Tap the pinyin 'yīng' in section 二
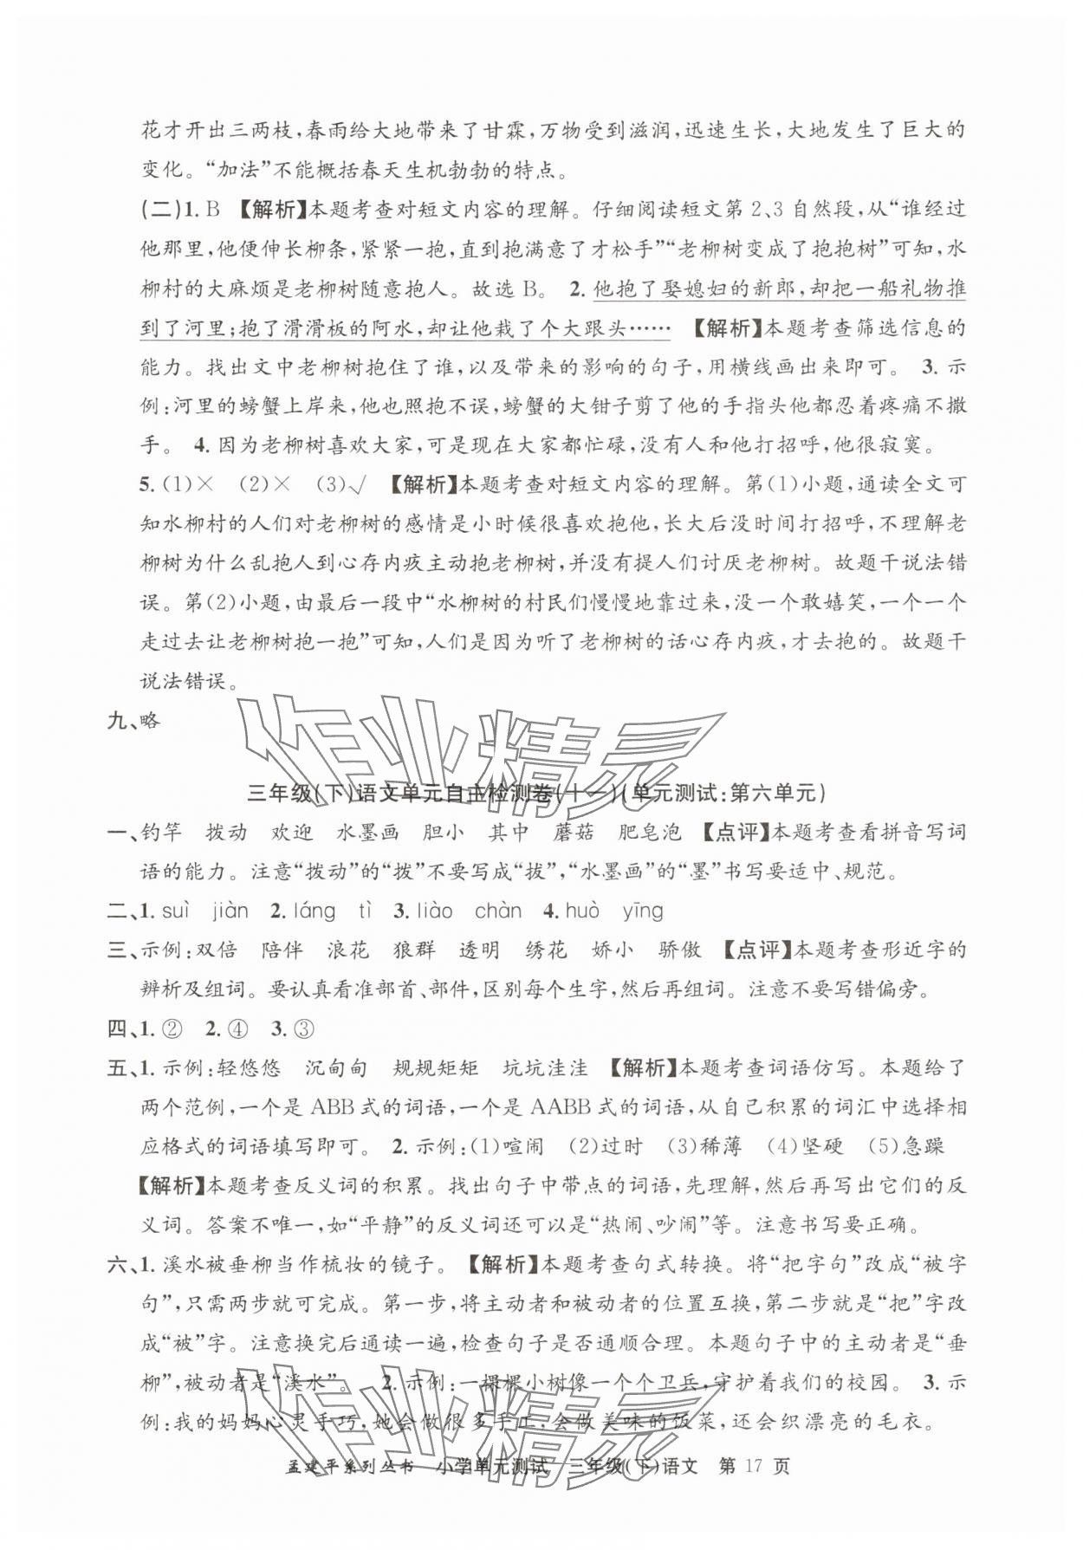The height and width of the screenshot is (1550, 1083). (642, 911)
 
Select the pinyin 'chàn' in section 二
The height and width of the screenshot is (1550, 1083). (498, 911)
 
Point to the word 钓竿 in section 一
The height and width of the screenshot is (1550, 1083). (161, 833)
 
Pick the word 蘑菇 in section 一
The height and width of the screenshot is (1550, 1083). (574, 833)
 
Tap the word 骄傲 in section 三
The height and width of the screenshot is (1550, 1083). (679, 950)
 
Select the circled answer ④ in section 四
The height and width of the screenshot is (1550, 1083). (237, 1028)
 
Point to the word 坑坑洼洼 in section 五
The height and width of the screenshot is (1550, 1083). (545, 1067)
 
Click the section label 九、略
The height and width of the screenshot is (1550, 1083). (134, 720)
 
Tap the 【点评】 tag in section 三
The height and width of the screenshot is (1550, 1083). (755, 950)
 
